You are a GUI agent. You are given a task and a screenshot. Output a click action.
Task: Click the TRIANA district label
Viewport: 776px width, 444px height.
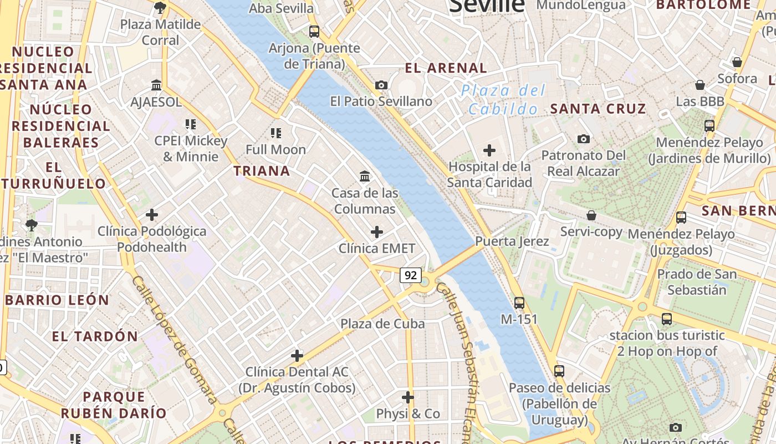[x=262, y=171]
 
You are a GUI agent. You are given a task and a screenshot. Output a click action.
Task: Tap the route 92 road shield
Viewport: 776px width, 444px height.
[x=410, y=275]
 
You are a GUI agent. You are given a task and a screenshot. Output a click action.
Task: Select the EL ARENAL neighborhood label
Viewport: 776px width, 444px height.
[x=446, y=68]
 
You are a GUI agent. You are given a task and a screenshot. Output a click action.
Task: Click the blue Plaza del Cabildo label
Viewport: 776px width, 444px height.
[x=503, y=100]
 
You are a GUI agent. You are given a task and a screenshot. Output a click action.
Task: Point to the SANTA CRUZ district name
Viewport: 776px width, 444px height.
[x=598, y=109]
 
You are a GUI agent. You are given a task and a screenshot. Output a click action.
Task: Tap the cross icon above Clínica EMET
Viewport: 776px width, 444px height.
[x=377, y=231]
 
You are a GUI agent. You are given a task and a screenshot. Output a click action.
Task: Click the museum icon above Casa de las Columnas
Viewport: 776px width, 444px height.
[x=365, y=176]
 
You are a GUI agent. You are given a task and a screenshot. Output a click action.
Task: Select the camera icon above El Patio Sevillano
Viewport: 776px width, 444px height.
[x=381, y=85]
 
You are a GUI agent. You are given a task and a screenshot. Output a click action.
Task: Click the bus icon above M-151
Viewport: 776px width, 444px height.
[x=519, y=303]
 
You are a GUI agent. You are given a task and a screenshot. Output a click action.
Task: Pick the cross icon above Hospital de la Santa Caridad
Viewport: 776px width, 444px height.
[x=489, y=150]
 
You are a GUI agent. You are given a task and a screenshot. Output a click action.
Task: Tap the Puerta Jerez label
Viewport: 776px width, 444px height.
[x=512, y=241]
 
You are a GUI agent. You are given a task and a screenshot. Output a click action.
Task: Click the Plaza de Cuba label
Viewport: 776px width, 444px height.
[x=382, y=324]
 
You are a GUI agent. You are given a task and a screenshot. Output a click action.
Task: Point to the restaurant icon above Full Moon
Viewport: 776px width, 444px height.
[x=275, y=133]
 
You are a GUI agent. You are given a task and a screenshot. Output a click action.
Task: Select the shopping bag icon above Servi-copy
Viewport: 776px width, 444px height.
[x=591, y=215]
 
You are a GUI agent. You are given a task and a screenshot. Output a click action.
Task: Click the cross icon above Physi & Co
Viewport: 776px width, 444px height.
[x=408, y=397]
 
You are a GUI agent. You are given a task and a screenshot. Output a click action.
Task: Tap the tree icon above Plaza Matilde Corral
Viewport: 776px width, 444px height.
[x=160, y=8]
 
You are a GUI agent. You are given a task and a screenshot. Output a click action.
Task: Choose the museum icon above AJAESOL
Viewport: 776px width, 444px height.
[x=156, y=85]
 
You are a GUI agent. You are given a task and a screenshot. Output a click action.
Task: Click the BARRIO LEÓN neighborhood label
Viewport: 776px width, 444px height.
[x=58, y=300]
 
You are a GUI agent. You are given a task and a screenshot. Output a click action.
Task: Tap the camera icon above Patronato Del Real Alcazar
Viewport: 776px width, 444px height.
[x=583, y=139]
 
